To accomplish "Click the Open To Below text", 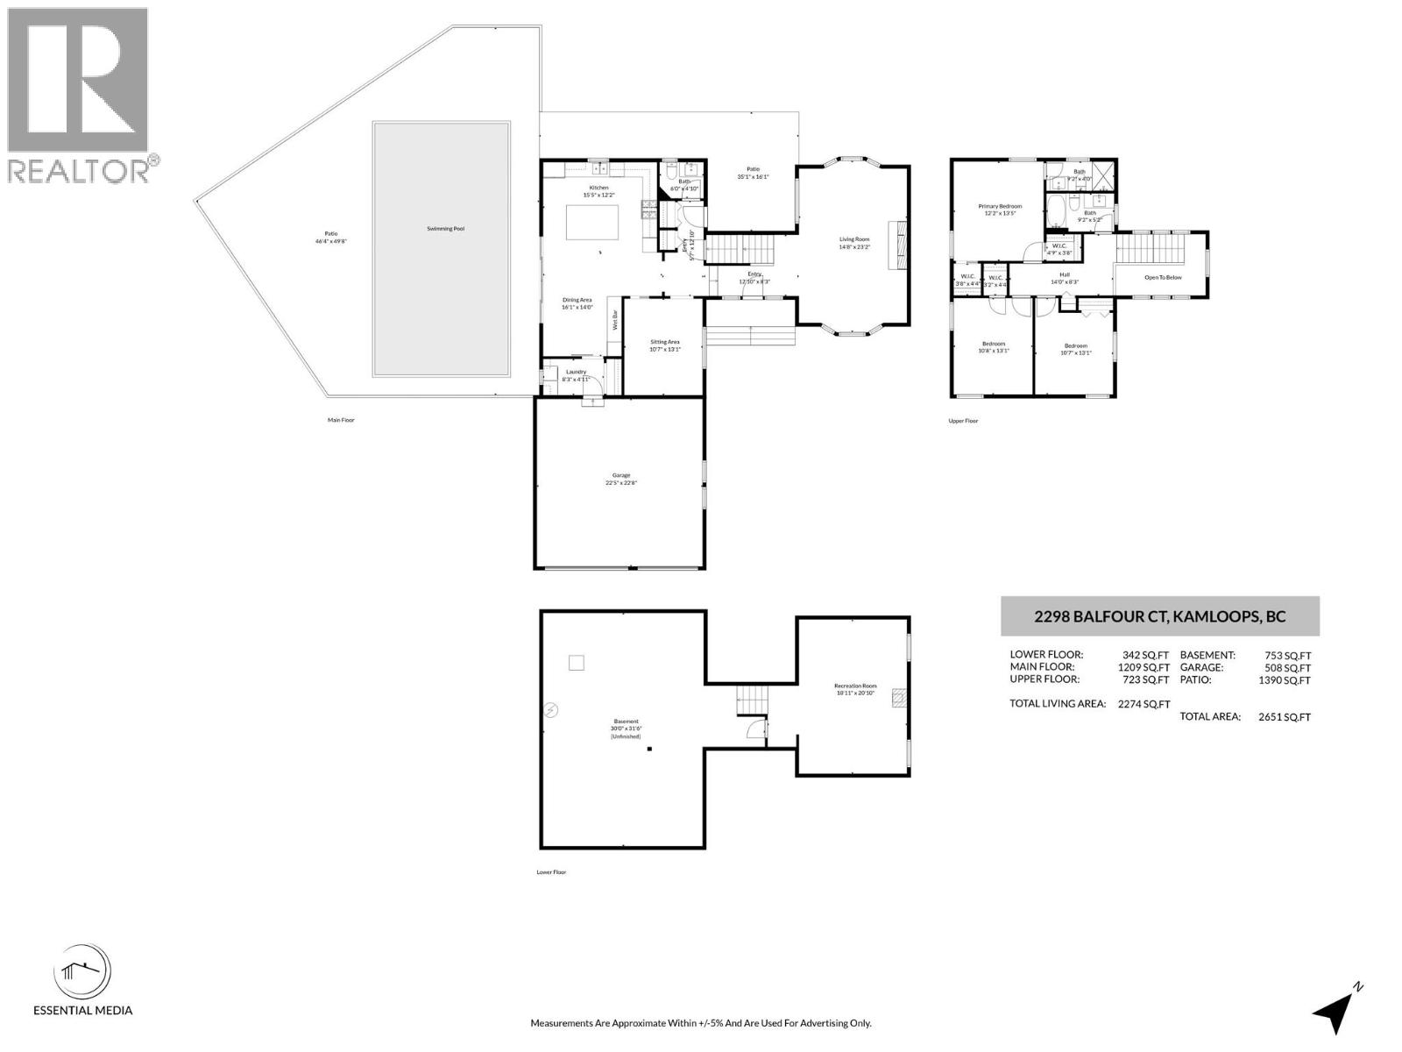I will coord(1163,278).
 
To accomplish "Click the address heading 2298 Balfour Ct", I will coord(1159,616).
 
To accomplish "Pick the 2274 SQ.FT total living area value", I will coord(1144,703).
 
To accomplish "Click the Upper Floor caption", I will coord(962,421).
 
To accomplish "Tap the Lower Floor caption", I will coord(551,872).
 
